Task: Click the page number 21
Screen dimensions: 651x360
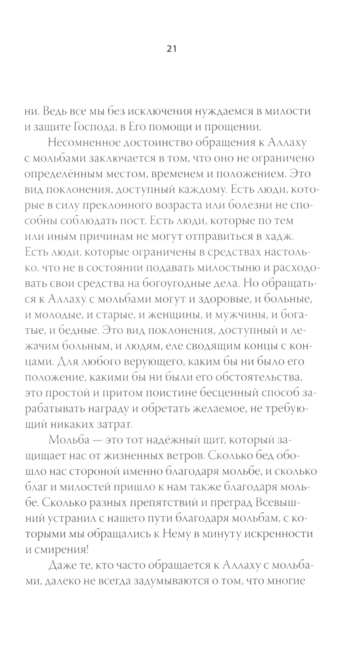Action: [x=171, y=49]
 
